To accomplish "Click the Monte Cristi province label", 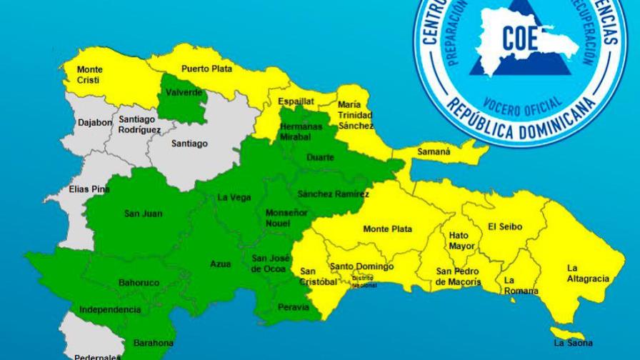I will click(90, 74).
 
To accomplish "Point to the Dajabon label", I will click(95, 122).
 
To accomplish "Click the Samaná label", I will click(434, 152).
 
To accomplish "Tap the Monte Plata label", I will click(387, 229).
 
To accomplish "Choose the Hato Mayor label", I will click(461, 241).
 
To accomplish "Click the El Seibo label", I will click(505, 227).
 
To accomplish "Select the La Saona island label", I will click(568, 344).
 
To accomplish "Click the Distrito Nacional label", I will click(364, 281).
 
